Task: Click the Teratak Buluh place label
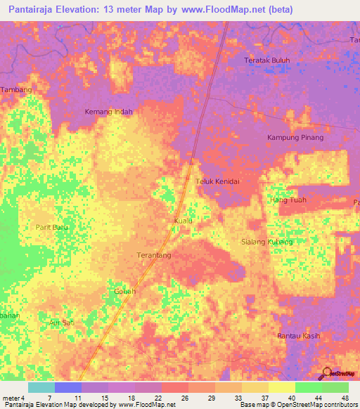pos(266,60)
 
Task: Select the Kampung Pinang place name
pos(295,137)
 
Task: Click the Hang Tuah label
pos(288,200)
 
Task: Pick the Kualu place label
pos(183,221)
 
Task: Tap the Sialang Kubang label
pos(266,241)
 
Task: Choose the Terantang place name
pos(153,256)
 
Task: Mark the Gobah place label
pos(124,291)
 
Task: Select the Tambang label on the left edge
pos(16,91)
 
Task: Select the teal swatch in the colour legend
pos(41,387)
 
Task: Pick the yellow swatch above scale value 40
pos(281,387)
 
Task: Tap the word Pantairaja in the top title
pos(35,9)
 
